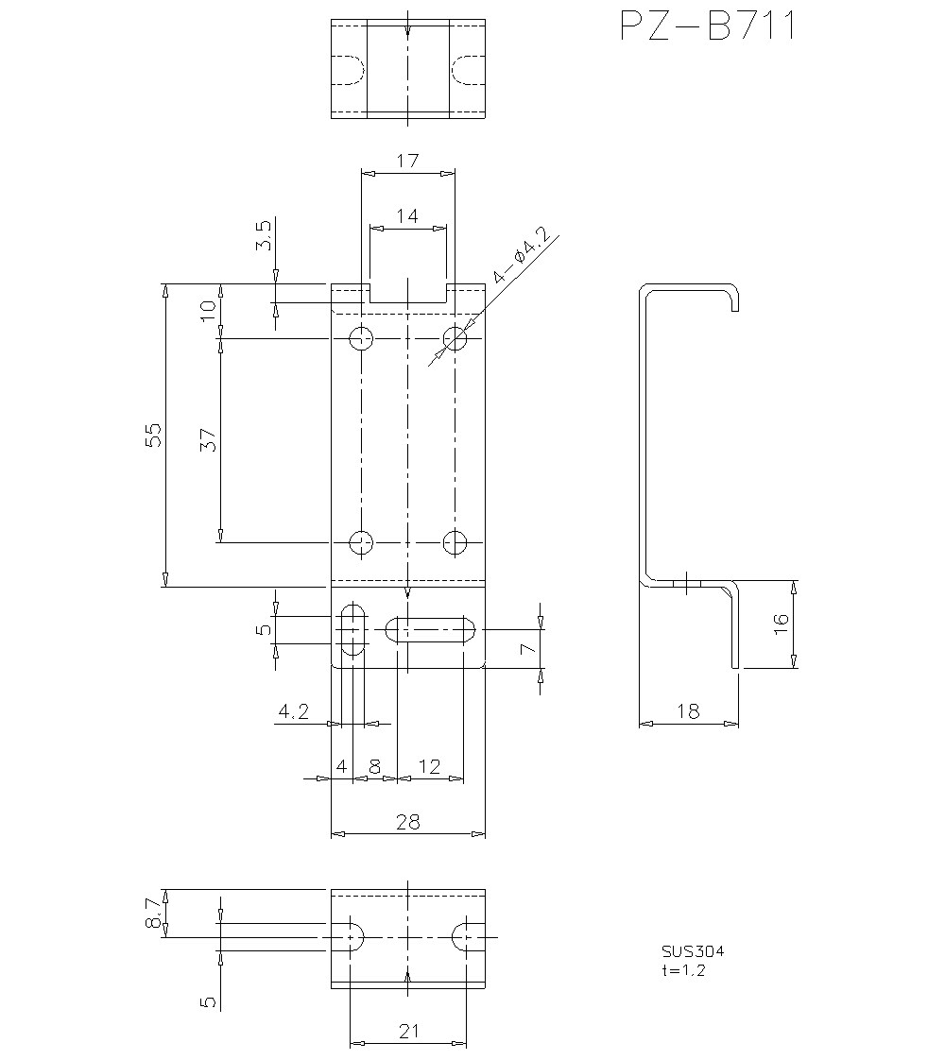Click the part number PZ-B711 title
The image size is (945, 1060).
[x=708, y=26]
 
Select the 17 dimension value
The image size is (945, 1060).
[x=407, y=161]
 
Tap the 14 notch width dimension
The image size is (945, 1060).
[x=407, y=215]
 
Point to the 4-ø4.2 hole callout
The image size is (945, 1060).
[x=520, y=256]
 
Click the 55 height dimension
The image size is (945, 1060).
[x=153, y=434]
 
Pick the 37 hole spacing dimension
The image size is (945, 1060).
[x=208, y=439]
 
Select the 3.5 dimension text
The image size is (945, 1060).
[x=264, y=234]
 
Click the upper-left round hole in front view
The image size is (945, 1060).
[x=361, y=338]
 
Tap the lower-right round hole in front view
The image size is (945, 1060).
[x=455, y=542]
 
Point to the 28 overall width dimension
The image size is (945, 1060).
[x=407, y=822]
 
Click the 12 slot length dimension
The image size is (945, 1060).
[x=430, y=767]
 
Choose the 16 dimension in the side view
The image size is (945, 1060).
[x=781, y=624]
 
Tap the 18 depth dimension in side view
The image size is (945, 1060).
[x=689, y=711]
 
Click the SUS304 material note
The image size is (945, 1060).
[x=693, y=951]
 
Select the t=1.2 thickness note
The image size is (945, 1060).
[x=683, y=969]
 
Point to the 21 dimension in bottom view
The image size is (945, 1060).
[x=407, y=1032]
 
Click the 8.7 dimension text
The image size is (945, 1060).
[x=154, y=913]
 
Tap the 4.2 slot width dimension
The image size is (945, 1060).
[x=293, y=711]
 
